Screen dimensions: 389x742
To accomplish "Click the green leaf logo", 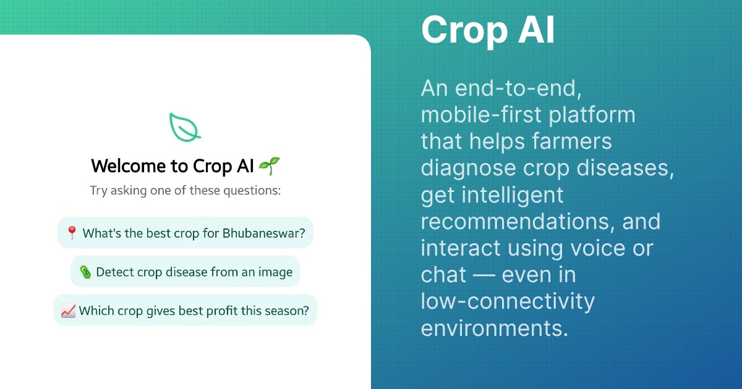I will tap(185, 127).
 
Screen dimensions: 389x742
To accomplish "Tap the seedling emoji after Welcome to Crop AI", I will tap(269, 165).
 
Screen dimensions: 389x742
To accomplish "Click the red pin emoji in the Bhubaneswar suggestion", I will tap(72, 233).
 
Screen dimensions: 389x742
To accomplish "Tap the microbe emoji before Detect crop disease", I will tap(85, 272).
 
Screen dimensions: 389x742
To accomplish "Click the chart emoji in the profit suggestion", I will tap(68, 311).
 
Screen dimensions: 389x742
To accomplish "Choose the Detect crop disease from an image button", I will tap(185, 272).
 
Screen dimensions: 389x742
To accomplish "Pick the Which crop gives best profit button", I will tap(185, 311).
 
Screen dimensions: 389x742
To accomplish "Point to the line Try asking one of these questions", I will tap(185, 190).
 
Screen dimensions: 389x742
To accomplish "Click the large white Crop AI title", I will tap(488, 30).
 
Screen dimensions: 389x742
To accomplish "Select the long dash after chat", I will tap(484, 274).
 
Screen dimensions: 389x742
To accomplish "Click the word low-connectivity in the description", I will tap(508, 301).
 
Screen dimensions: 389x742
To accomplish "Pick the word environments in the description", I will tap(494, 327).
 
